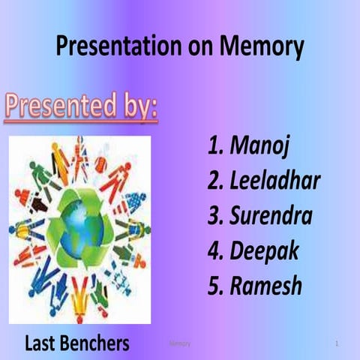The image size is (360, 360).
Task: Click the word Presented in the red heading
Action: point(58,106)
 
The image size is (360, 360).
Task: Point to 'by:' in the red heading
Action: point(137,106)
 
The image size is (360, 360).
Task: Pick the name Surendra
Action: point(271,217)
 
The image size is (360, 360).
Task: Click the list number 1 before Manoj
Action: point(215,147)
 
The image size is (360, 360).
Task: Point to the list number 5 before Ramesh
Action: point(215,286)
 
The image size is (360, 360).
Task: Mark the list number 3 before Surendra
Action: point(215,217)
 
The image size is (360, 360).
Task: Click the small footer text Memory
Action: point(180,343)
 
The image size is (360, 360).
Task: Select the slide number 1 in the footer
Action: point(337,343)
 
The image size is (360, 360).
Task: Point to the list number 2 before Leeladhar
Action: point(215,181)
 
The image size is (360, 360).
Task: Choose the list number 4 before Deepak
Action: point(215,252)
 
